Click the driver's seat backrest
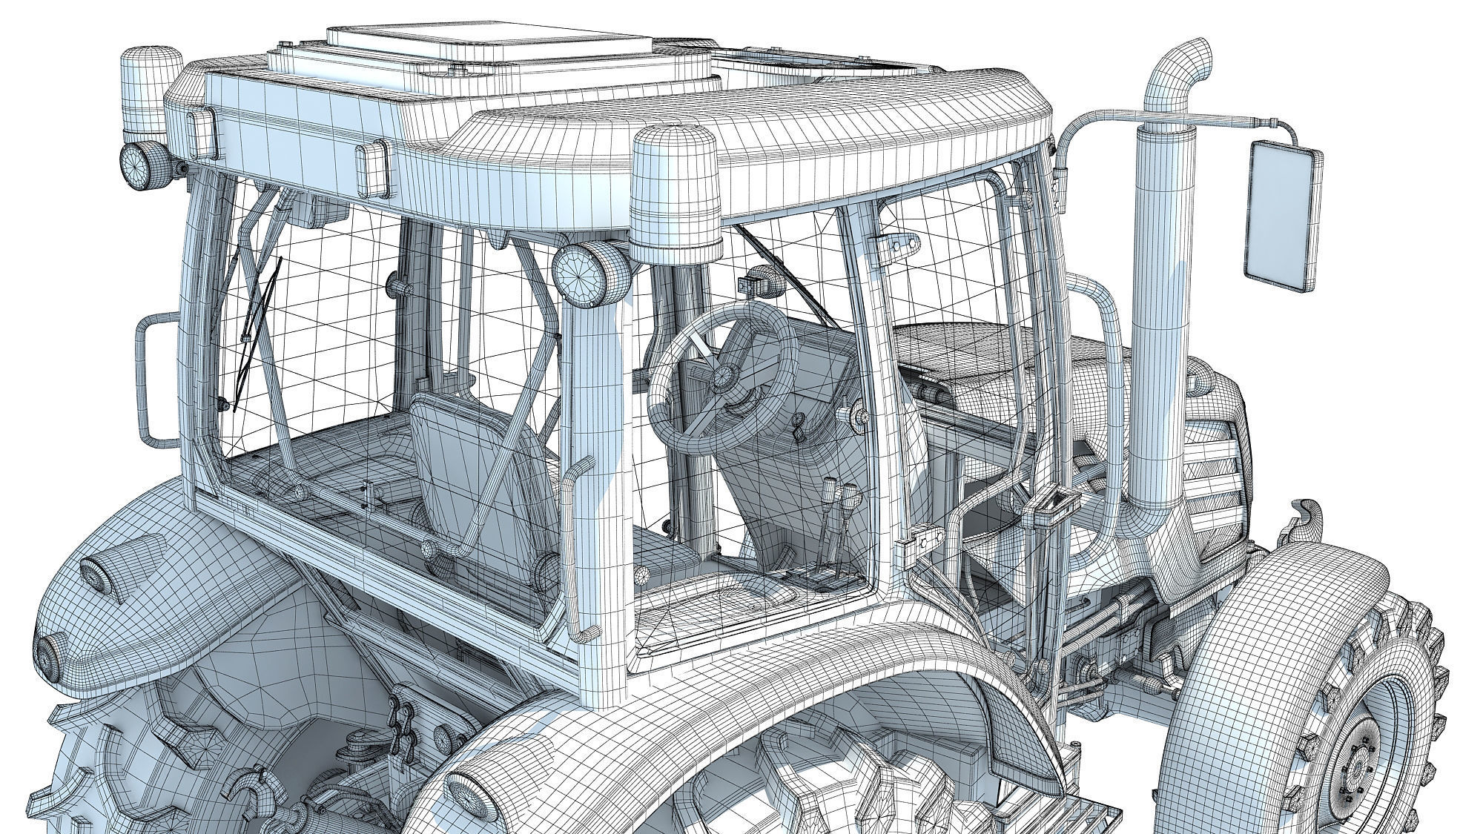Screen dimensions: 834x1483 [475, 460]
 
